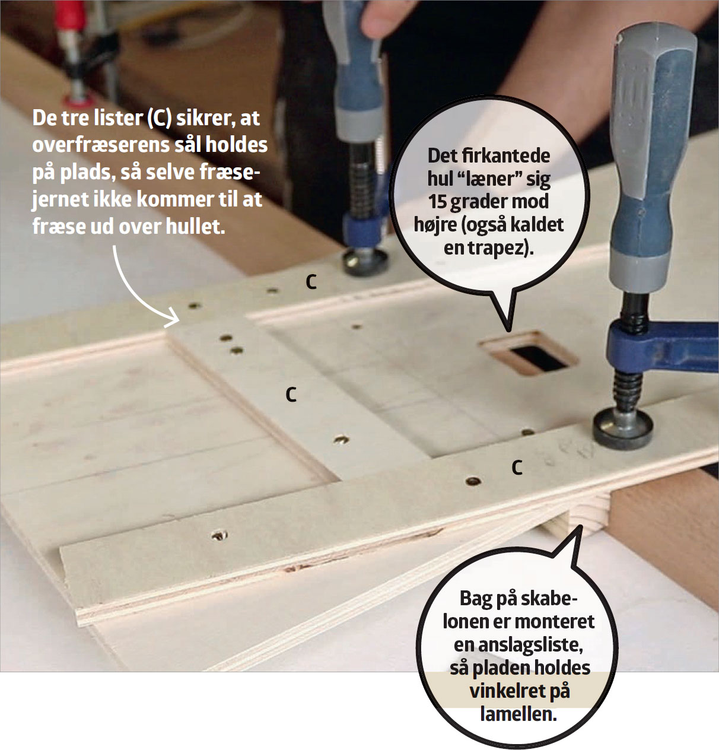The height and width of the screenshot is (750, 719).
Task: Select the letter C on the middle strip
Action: (291, 395)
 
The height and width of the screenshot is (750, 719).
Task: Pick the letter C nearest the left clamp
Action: (311, 282)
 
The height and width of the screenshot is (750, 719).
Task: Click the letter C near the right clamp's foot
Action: (517, 468)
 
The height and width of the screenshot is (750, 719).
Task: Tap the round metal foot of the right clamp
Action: (623, 428)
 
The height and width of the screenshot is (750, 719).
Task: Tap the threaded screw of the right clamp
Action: (628, 389)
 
